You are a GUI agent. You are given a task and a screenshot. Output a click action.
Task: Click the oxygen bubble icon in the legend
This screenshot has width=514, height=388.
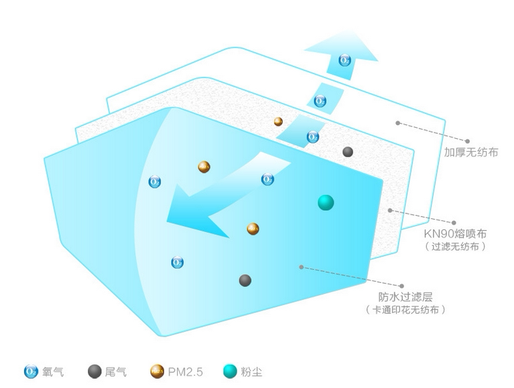31,372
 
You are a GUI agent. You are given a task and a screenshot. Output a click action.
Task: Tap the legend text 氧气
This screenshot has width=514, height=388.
54,372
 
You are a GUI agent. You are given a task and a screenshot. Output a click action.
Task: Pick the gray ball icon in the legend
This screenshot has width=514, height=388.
94,372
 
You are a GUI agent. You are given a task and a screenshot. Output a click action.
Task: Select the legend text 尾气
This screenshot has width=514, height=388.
115,372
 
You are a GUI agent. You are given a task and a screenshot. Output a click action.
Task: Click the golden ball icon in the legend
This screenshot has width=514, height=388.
156,372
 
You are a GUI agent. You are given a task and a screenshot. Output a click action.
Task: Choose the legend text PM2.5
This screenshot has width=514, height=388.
184,372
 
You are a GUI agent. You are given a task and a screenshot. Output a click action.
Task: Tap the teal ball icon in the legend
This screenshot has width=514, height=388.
230,372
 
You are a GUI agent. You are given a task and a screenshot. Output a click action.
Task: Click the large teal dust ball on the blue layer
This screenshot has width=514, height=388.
325,202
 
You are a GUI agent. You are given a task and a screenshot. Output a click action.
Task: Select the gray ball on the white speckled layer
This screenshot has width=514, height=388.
348,152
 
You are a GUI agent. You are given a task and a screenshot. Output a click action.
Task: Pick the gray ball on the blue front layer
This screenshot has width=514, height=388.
245,280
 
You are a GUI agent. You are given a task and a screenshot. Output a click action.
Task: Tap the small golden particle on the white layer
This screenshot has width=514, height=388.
278,122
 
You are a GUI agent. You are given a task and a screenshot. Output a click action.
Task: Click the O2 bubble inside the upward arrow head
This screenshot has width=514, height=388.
345,60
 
